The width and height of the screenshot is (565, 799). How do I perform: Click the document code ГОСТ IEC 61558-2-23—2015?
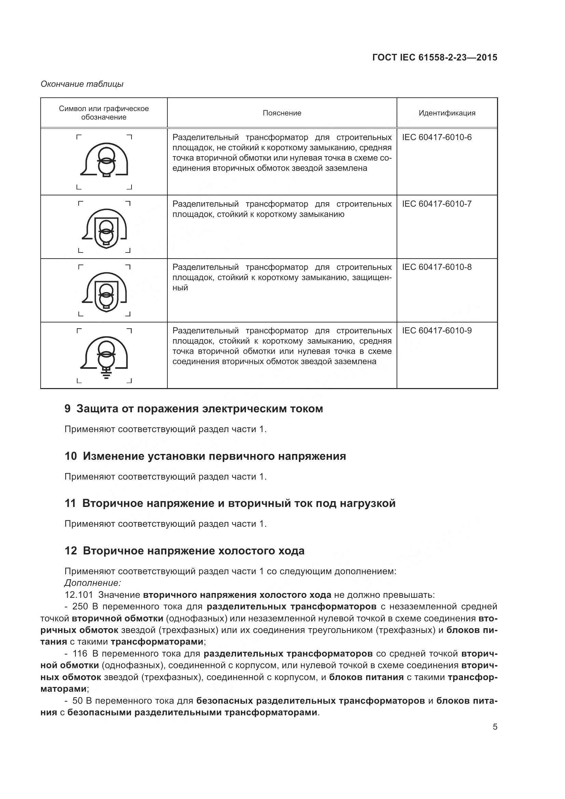tap(434, 57)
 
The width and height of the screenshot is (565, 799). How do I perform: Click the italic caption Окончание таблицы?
tap(82, 84)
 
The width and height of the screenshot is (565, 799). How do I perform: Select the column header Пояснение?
tap(282, 113)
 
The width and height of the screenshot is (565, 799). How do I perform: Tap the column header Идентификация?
tap(447, 113)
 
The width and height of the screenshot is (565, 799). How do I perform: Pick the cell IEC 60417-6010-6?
tap(437, 137)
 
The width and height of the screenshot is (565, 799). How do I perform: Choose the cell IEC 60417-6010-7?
tap(437, 204)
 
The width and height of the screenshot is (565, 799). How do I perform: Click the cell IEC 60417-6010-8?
tap(437, 267)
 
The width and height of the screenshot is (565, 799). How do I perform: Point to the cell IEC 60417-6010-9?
tap(437, 331)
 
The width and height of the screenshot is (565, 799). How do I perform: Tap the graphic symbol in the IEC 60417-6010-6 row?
tap(105, 161)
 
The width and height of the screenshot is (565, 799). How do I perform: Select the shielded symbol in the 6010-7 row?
tap(105, 228)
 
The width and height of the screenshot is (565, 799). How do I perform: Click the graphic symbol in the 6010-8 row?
tap(105, 292)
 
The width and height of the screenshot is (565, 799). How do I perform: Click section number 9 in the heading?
tap(68, 409)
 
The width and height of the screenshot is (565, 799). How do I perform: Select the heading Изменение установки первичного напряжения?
tap(214, 456)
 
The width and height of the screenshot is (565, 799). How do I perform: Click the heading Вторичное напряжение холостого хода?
tap(193, 551)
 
